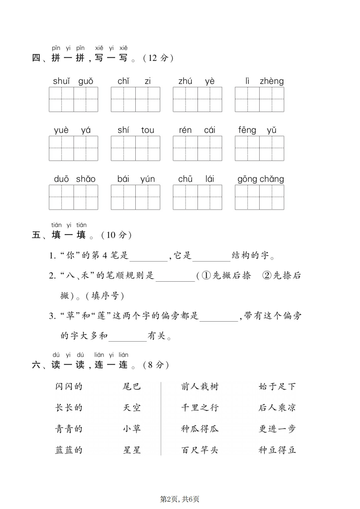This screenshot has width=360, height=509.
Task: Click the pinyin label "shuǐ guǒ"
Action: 73,81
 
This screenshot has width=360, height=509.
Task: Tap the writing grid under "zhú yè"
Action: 197,99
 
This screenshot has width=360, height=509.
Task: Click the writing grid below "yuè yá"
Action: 74,148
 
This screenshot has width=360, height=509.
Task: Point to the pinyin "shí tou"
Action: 136,130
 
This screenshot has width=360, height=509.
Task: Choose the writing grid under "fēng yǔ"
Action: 259,148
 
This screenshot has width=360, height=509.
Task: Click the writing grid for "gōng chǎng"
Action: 259,197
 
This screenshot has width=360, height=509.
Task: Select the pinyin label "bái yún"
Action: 136,179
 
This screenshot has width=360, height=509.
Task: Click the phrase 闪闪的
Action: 69,387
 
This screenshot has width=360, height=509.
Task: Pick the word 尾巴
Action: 132,387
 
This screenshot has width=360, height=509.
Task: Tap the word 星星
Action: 132,450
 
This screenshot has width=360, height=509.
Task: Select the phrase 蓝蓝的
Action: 69,450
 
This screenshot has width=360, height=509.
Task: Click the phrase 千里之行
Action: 199,407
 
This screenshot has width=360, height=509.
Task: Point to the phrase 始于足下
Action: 277,387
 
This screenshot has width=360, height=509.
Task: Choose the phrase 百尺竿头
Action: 199,450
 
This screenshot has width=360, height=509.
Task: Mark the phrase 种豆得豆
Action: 277,450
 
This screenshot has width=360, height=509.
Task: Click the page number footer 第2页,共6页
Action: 180,499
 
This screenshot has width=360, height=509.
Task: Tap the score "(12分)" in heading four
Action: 158,58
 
